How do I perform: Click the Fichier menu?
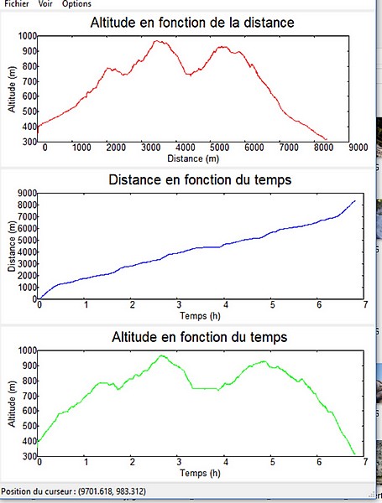17,4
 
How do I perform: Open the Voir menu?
45,4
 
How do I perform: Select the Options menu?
76,4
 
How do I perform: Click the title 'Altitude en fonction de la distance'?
192,23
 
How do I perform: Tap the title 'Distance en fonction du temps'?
200,179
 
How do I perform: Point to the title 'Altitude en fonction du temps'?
200,337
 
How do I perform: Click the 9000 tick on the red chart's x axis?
358,148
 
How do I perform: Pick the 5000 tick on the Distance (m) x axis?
219,148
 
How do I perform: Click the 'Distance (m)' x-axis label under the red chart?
193,158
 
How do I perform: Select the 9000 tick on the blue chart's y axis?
29,193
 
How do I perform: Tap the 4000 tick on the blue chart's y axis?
29,252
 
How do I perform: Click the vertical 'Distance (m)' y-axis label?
12,246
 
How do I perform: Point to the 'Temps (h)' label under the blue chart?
200,316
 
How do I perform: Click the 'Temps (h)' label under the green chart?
200,473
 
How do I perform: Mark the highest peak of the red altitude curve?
156,41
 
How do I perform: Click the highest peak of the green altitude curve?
161,355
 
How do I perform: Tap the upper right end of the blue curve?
355,201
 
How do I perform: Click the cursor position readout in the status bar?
74,491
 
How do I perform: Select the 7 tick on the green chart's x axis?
365,462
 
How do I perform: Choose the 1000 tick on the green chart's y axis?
28,350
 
